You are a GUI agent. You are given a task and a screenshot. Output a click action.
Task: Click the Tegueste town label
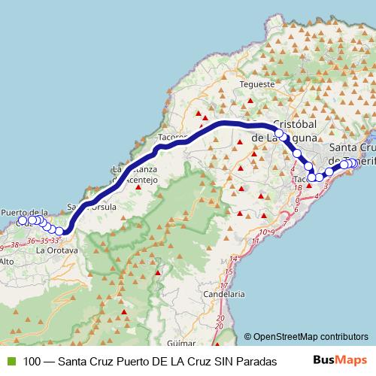(257, 84)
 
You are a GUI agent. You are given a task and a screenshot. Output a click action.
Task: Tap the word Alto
(7, 261)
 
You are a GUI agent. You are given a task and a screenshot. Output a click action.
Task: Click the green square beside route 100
(9, 360)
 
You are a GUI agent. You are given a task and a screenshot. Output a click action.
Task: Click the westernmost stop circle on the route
(23, 221)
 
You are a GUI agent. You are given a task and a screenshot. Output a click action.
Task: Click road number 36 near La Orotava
(31, 240)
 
